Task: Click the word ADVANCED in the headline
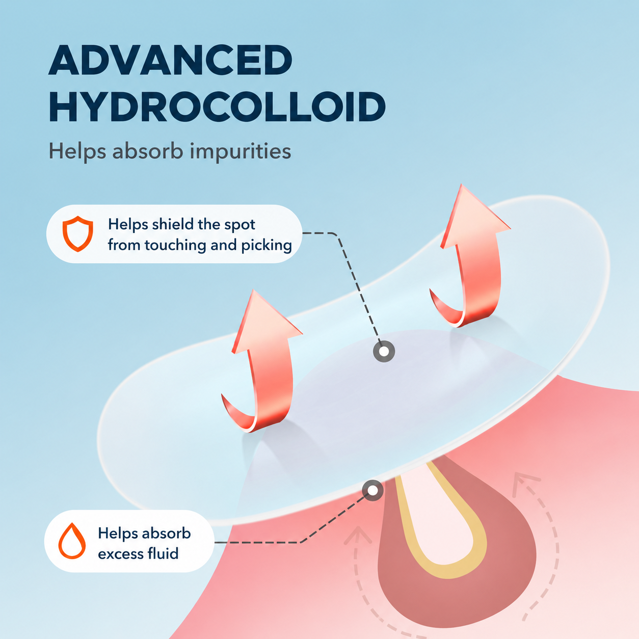click(x=170, y=60)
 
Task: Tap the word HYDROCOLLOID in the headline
click(x=217, y=107)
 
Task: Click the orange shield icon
click(x=78, y=234)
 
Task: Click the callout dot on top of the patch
click(x=384, y=351)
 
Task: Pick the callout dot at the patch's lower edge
click(x=372, y=490)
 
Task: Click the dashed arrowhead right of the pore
click(x=525, y=483)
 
